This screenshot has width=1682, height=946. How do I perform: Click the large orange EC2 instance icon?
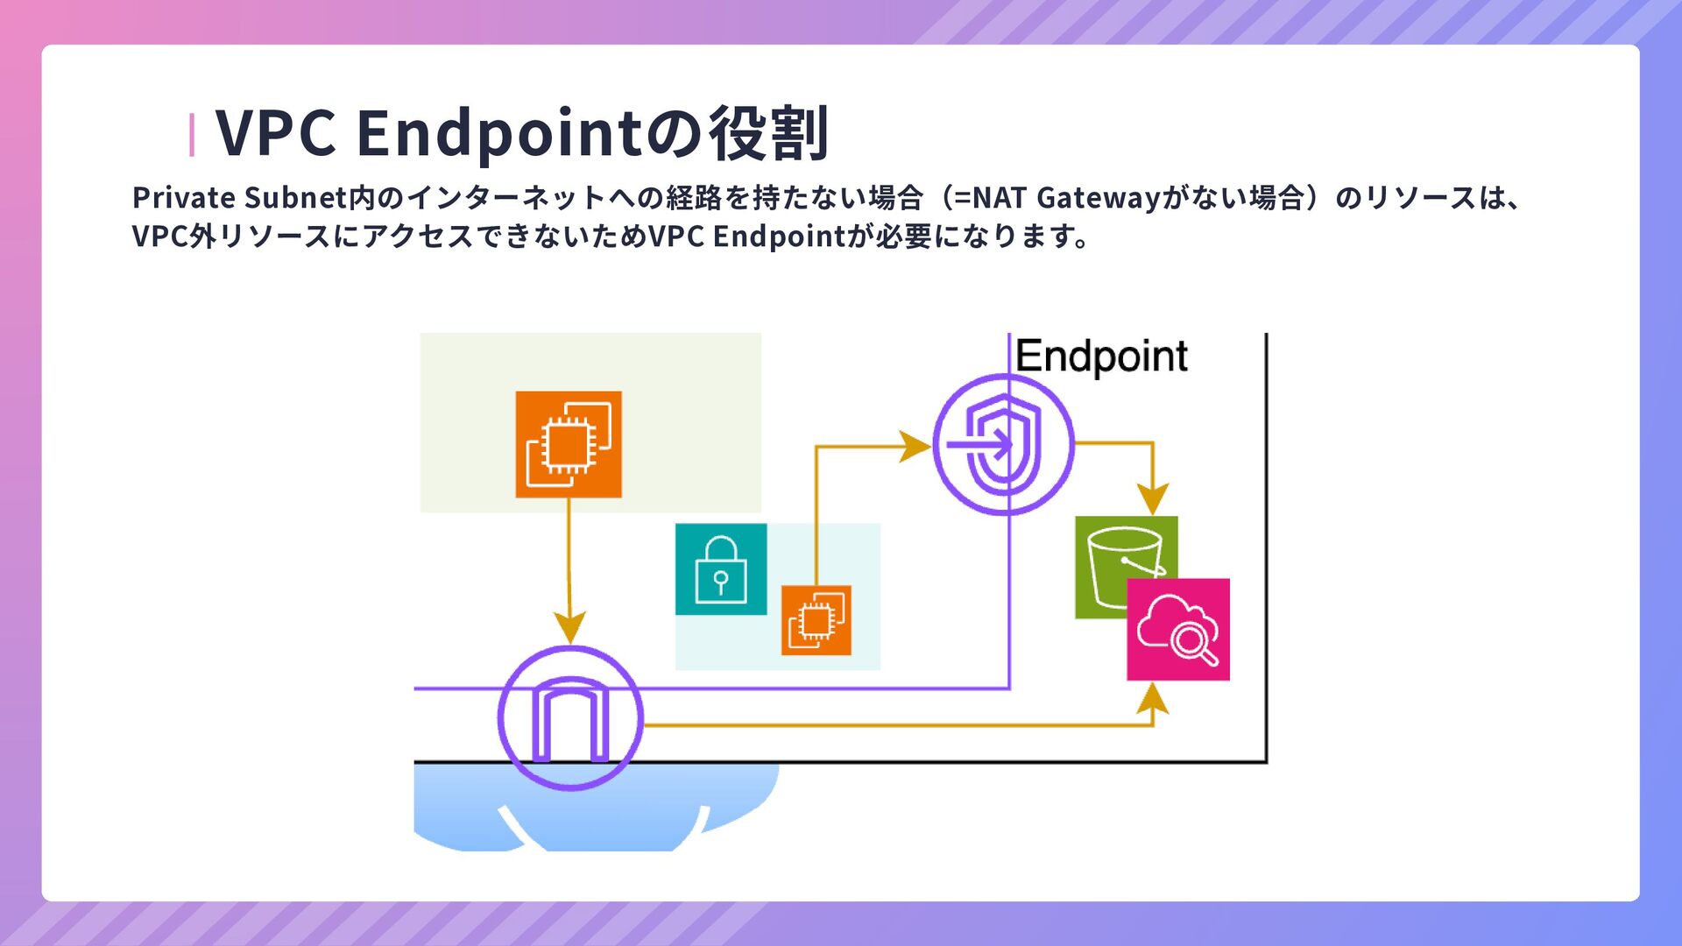tap(569, 444)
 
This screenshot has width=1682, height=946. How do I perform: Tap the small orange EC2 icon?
tap(816, 620)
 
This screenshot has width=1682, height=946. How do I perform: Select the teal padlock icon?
tap(720, 569)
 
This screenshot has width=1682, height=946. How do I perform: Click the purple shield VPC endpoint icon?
tap(1003, 444)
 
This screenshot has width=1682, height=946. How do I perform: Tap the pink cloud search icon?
tap(1178, 630)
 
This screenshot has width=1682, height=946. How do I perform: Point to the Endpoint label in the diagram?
tap(1101, 357)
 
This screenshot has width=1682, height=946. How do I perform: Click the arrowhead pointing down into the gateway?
tap(570, 629)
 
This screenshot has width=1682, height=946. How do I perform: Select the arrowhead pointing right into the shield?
tap(915, 446)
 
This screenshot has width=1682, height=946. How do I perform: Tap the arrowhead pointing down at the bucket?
tap(1153, 499)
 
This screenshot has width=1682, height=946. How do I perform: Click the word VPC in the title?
tap(275, 133)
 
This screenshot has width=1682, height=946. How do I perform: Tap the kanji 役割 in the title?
tap(769, 133)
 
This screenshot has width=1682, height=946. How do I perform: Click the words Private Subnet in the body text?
tap(239, 198)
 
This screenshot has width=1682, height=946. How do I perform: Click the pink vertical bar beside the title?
tap(192, 135)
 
